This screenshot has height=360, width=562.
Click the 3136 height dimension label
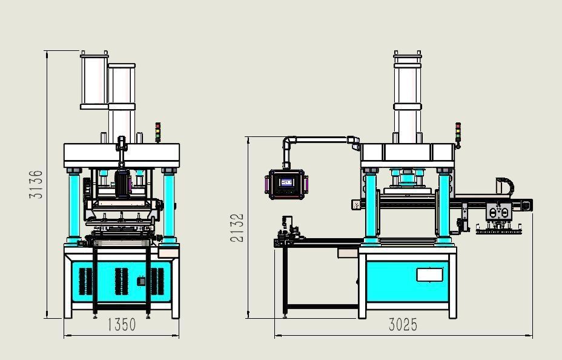tap(36, 184)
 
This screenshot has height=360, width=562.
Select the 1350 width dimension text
tap(122, 324)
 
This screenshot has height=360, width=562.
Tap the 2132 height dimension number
tap(237, 228)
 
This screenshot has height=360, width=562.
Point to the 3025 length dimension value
tap(403, 325)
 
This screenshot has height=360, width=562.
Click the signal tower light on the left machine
tap(157, 132)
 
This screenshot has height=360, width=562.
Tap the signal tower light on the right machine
tap(458, 133)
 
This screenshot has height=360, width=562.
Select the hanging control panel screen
tap(286, 182)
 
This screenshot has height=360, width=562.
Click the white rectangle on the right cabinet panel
tap(429, 275)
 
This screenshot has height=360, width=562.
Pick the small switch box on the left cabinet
tap(141, 281)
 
